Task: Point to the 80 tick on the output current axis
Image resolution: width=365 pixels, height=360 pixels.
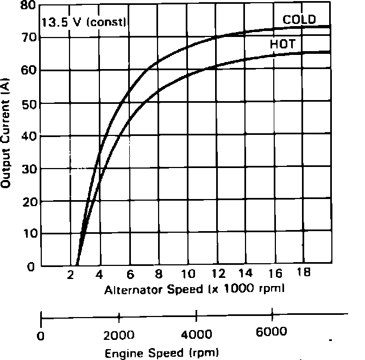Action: coord(27,6)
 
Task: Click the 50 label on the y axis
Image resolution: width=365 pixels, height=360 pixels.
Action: coord(27,103)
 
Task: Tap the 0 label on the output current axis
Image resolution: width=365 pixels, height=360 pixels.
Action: coord(31,266)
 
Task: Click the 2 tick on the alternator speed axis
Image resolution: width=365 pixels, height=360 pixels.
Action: coord(71,274)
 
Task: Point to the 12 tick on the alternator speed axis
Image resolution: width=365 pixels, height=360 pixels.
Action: coord(217,273)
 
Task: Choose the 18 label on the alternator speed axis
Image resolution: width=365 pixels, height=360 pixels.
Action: coord(304,272)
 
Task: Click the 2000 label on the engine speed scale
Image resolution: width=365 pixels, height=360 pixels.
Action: coord(119,334)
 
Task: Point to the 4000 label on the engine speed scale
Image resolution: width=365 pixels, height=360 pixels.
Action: coord(196,333)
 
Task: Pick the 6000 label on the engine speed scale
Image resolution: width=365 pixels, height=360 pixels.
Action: coord(273,333)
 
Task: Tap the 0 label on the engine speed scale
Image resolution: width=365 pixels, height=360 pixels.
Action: coord(41,335)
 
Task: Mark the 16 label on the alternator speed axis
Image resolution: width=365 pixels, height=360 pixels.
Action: coord(275,273)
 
